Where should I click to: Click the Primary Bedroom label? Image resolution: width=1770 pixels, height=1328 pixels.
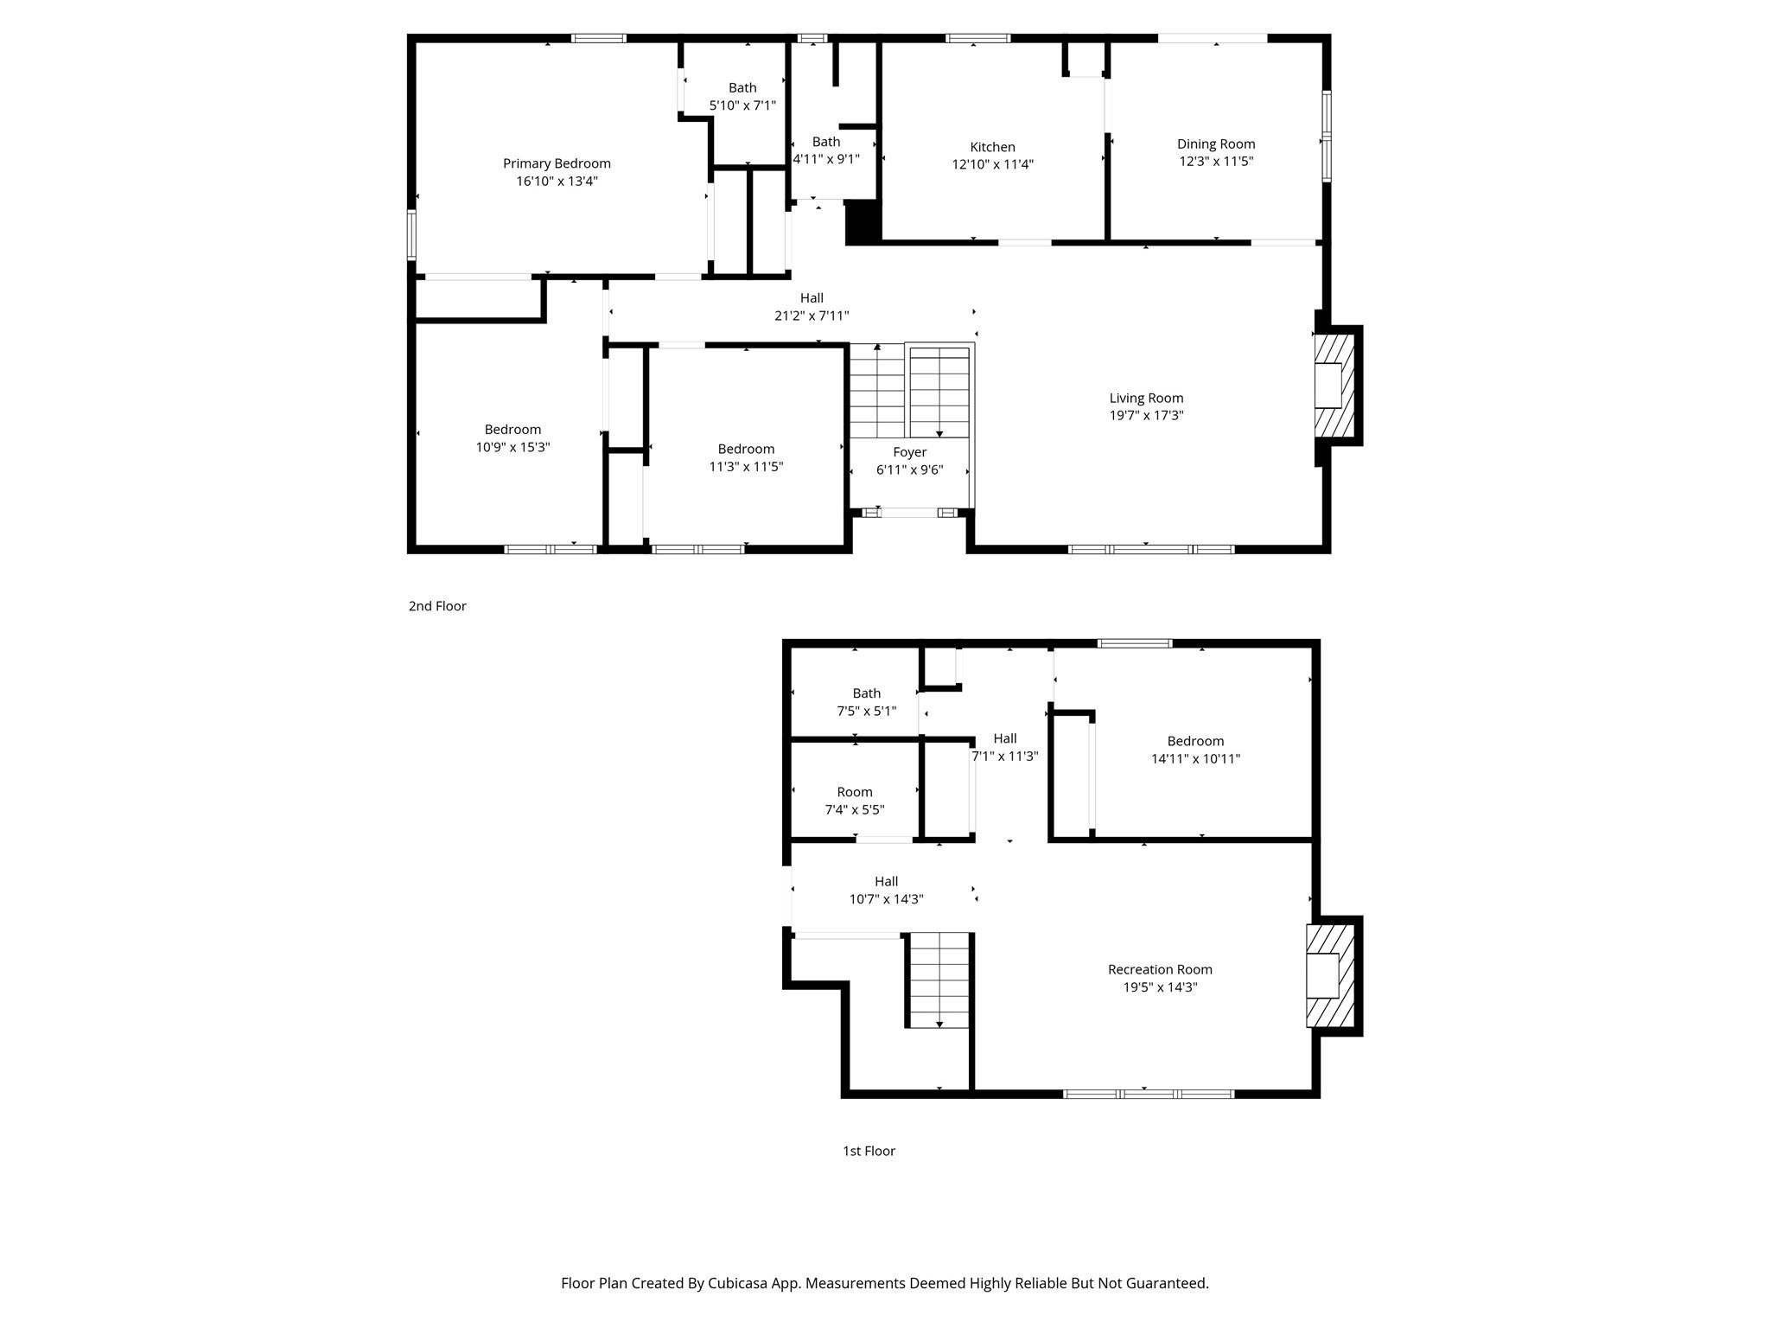coord(557,163)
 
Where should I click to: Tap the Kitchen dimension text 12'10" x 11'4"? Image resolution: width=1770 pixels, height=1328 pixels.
coord(992,164)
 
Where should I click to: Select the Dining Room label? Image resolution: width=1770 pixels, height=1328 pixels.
coord(1215,144)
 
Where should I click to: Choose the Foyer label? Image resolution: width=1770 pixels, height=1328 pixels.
coord(909,452)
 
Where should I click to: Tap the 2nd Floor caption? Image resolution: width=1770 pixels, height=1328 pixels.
coord(437,606)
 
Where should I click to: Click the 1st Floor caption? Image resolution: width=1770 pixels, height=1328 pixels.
coord(869,1151)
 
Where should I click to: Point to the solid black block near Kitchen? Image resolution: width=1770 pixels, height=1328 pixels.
coord(862,220)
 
